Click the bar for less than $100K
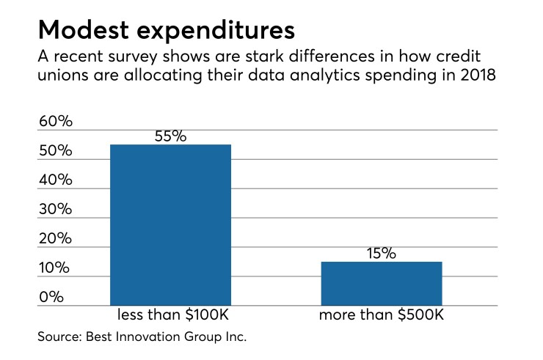tap(170, 224)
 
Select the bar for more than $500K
tap(381, 283)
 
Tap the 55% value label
tap(170, 136)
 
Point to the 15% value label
tap(381, 253)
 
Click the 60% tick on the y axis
tap(56, 121)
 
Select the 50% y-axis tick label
tap(56, 150)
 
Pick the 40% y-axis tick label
tap(56, 180)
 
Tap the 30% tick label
tap(56, 209)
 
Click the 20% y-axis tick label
tap(56, 238)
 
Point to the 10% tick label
tap(56, 268)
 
